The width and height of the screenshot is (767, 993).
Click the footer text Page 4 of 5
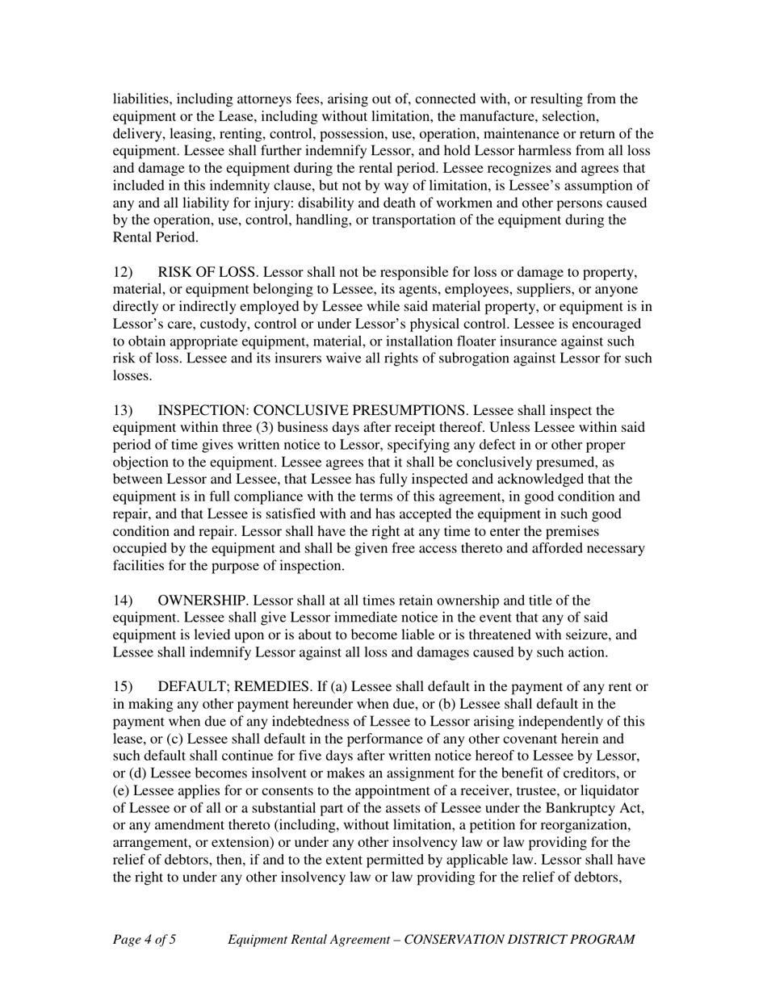click(145, 939)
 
